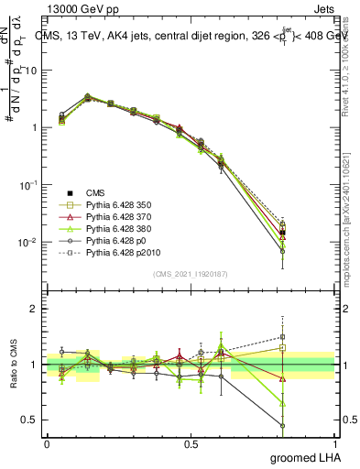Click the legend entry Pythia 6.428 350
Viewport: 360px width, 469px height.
point(119,205)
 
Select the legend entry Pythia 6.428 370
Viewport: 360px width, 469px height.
point(119,220)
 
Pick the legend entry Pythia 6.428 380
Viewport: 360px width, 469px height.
point(119,234)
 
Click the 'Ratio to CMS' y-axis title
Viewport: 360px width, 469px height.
point(13,365)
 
